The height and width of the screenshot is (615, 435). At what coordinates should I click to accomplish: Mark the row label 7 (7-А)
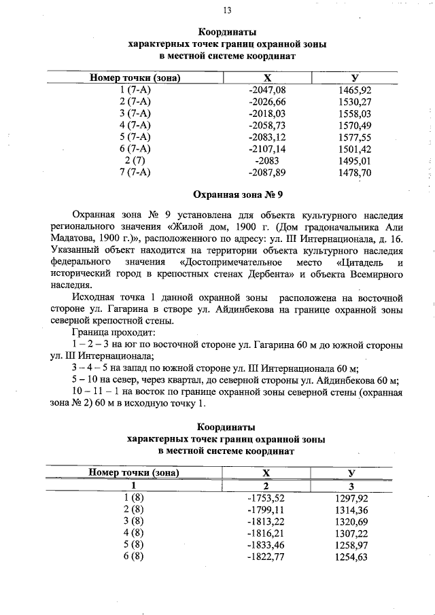coord(134,172)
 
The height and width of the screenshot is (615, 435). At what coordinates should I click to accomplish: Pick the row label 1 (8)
coord(134,498)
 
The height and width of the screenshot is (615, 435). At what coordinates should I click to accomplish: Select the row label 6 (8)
coord(134,557)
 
